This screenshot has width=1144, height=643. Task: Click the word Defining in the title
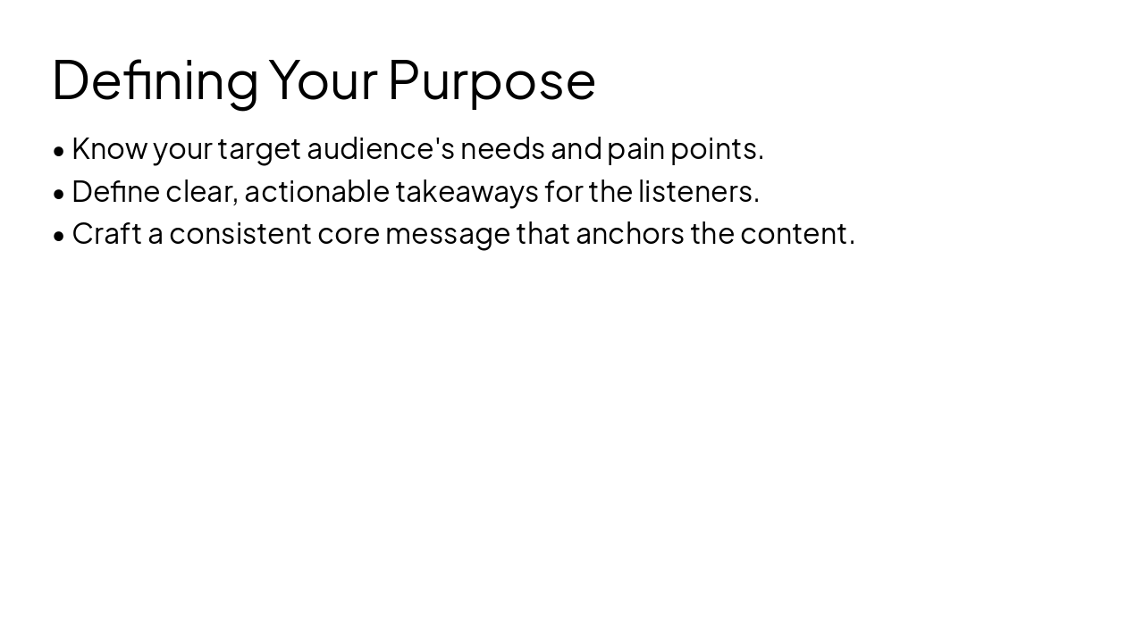[155, 80]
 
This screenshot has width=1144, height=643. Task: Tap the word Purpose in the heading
[492, 80]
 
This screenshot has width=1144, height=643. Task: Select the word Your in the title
[323, 80]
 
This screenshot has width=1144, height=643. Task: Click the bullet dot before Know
[59, 151]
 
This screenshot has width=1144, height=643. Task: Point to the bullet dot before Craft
[59, 236]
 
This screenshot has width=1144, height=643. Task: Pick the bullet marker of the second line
[59, 193]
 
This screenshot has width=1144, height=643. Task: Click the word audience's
[381, 149]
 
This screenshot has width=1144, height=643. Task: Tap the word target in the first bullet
[259, 149]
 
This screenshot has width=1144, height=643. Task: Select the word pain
[635, 149]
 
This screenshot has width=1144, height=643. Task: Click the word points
[716, 149]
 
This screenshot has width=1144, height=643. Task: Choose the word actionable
[316, 191]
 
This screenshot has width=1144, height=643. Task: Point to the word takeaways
[467, 191]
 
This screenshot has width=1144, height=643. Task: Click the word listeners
[697, 191]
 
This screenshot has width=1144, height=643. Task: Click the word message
[447, 234]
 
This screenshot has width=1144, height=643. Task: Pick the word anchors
[630, 234]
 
